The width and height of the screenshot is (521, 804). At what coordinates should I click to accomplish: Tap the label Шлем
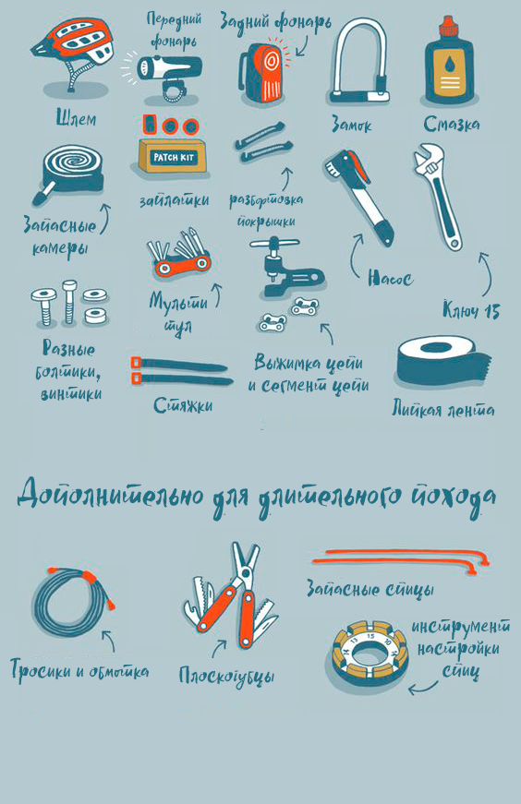(x=76, y=119)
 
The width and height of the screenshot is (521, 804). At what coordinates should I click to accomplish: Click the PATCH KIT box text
(x=169, y=158)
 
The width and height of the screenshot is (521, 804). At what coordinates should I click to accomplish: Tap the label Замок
(x=350, y=125)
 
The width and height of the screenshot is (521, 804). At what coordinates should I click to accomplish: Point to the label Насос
(x=389, y=277)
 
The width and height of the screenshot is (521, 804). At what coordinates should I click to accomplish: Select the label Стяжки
(x=183, y=405)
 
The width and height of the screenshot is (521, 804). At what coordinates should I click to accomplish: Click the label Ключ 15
(x=470, y=311)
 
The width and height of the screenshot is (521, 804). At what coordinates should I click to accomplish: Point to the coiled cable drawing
(x=70, y=606)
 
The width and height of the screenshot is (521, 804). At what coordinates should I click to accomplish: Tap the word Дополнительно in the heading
(x=110, y=496)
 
